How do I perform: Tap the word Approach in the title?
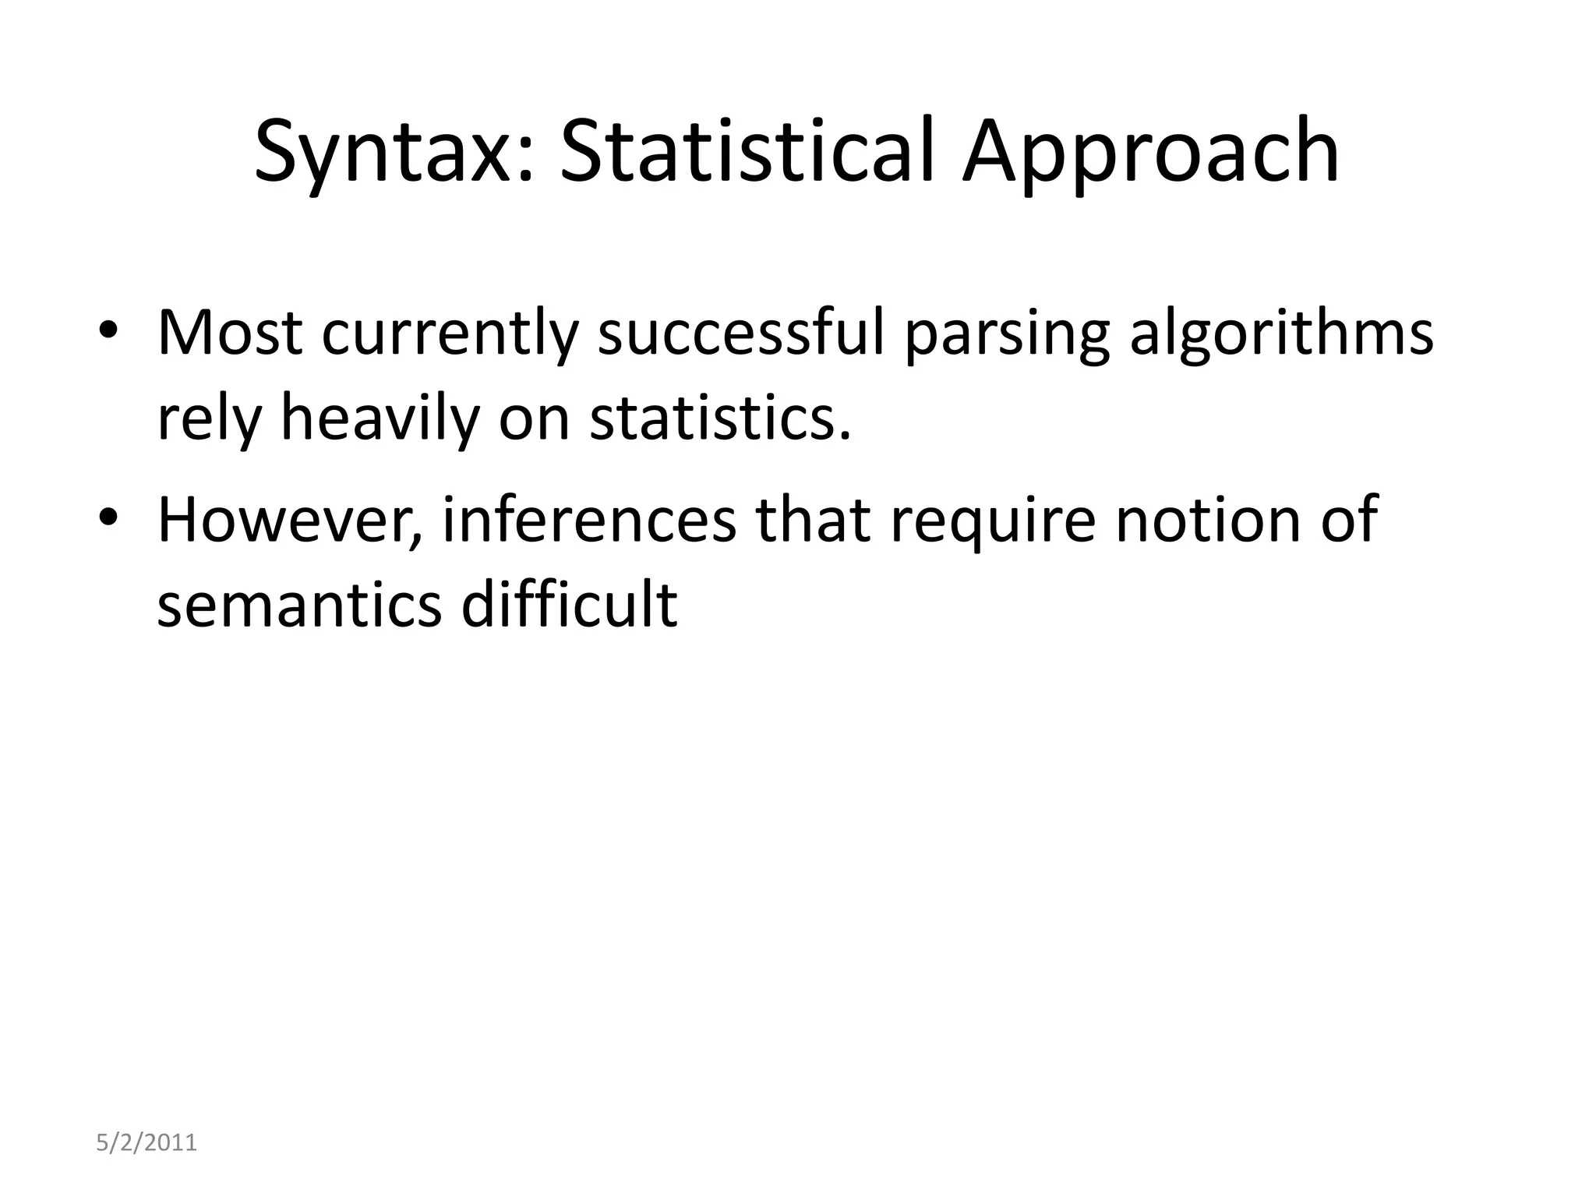pyautogui.click(x=1150, y=152)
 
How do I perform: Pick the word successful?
pyautogui.click(x=741, y=333)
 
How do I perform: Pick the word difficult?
pyautogui.click(x=569, y=604)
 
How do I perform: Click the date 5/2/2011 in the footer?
pyautogui.click(x=147, y=1143)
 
